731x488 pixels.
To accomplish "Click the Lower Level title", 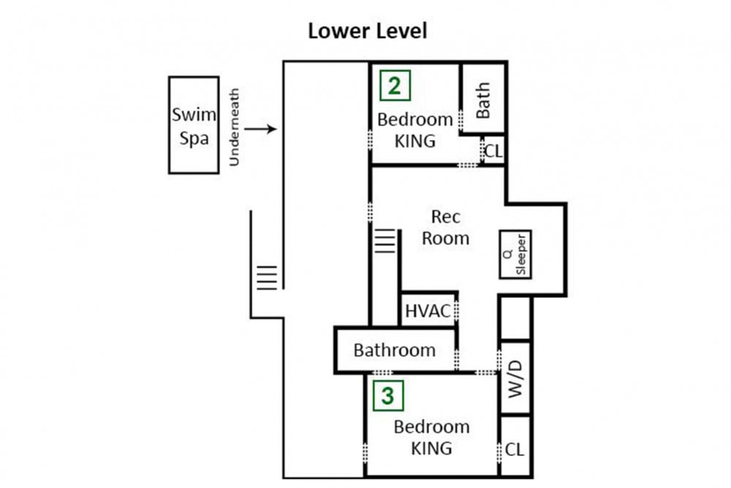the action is (368, 31).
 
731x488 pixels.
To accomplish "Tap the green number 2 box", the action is (395, 86).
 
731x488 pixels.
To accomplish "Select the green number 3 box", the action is (388, 396).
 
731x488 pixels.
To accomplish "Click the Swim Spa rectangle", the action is (194, 125).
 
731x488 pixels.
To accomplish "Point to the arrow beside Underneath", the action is (261, 129).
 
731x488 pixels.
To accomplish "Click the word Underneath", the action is (235, 127).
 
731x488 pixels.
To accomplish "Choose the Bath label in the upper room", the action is (483, 100).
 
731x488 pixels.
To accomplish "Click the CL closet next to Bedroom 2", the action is (493, 151).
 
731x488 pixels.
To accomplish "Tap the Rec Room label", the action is (445, 228).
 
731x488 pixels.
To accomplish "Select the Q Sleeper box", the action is (515, 255).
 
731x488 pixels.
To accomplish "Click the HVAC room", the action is (428, 309).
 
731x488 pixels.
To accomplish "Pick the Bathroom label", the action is (395, 350).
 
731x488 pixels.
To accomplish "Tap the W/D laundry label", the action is (515, 379).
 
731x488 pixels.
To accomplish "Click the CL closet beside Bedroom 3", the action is (515, 449).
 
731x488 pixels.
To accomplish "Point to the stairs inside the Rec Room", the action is (385, 241).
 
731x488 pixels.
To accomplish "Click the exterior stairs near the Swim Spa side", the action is (267, 278).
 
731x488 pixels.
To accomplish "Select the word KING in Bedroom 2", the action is (415, 141).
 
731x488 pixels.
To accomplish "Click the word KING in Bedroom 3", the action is (431, 448).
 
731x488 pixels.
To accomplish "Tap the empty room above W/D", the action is (515, 318).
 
